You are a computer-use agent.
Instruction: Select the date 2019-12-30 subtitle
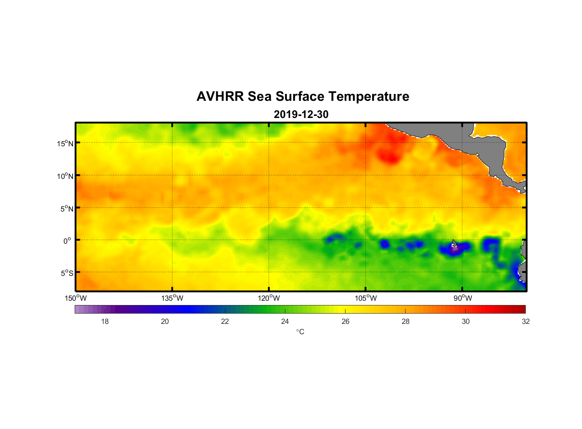click(301, 115)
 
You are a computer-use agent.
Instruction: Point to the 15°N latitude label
click(65, 143)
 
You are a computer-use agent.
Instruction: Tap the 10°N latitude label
click(65, 176)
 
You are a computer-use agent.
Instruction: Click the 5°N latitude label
click(67, 208)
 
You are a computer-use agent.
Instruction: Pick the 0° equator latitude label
click(67, 241)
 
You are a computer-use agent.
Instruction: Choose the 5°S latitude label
click(67, 273)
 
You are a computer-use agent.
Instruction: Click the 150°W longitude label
click(76, 298)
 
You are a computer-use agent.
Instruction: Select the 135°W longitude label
click(172, 298)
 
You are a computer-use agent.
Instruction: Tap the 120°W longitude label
click(269, 298)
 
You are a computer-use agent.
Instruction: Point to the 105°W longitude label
click(366, 298)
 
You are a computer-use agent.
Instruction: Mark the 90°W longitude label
click(463, 298)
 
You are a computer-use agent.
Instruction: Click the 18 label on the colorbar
click(105, 321)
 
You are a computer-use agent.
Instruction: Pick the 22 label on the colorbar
click(225, 321)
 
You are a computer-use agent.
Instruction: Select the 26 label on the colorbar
click(346, 321)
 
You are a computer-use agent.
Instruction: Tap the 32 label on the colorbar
click(526, 321)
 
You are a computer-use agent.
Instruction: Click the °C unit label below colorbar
click(300, 332)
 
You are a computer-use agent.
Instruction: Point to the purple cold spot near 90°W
click(455, 248)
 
